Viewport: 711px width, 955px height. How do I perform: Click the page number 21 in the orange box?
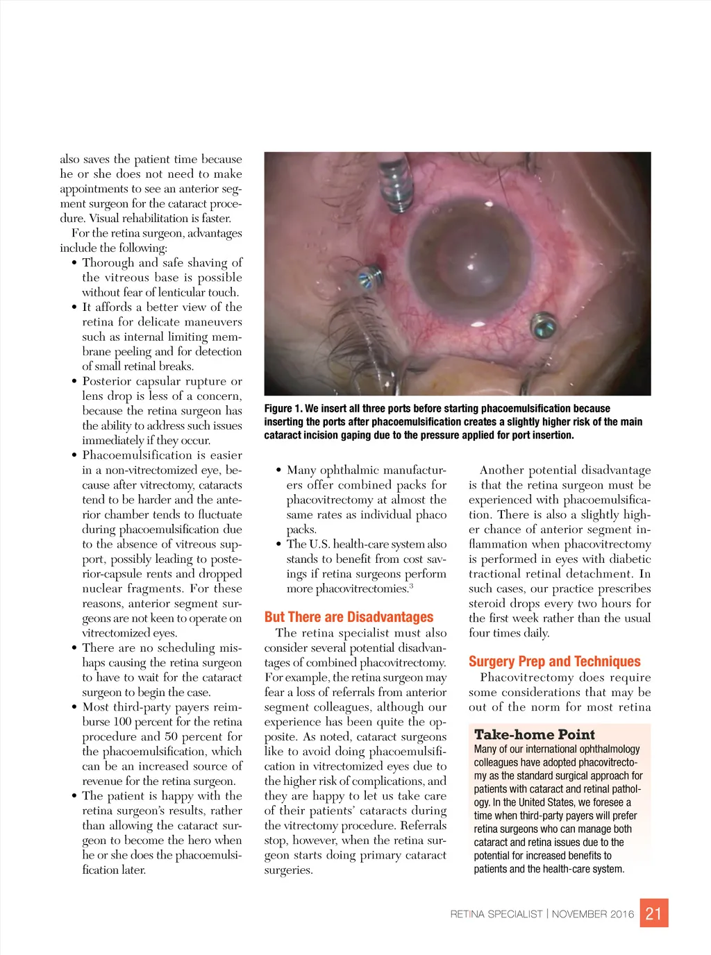[653, 913]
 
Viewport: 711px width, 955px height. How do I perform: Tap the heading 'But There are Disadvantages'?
[349, 617]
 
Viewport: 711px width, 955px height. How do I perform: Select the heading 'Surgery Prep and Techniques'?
[554, 661]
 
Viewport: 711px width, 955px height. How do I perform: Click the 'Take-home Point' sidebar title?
[534, 734]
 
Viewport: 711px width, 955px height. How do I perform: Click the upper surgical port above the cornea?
[396, 184]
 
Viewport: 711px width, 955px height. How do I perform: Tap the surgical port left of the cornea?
[366, 279]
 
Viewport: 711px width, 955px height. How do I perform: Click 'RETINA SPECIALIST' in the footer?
[496, 914]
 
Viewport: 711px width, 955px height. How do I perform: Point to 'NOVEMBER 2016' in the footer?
[593, 914]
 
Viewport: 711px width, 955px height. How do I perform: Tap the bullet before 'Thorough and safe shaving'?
[74, 263]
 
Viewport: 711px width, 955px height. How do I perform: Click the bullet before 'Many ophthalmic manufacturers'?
[278, 471]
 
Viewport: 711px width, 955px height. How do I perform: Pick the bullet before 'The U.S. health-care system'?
[278, 545]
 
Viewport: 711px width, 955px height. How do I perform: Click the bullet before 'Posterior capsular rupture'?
[74, 382]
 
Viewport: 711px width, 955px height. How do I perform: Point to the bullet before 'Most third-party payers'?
[74, 707]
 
